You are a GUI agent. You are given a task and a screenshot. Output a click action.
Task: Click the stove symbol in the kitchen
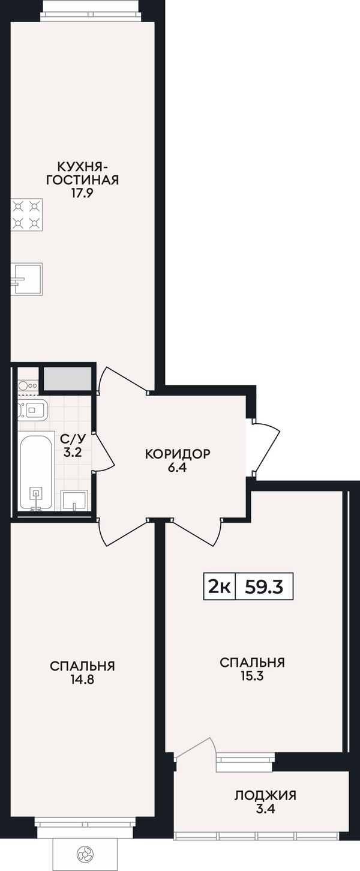point(26,214)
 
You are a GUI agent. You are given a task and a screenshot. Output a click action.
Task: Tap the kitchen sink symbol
point(26,279)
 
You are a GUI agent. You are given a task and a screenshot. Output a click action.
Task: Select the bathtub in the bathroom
point(36,470)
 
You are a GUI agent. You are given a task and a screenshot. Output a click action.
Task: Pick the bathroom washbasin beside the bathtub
point(74,500)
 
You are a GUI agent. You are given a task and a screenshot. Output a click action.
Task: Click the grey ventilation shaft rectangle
point(67,378)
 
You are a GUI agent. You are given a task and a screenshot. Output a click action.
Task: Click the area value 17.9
point(82,193)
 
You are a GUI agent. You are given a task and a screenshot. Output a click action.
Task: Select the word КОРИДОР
point(178,454)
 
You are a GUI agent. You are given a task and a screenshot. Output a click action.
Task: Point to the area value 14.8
point(82,680)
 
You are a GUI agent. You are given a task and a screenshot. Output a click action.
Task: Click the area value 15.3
point(252,676)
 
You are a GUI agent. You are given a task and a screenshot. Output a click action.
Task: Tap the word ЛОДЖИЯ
point(266,795)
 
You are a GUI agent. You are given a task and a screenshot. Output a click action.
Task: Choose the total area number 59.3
point(264,587)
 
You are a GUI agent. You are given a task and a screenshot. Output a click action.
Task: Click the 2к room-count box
point(219,586)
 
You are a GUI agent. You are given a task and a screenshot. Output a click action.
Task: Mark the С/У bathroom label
point(73,439)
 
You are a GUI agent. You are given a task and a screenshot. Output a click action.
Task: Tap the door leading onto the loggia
point(195,747)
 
